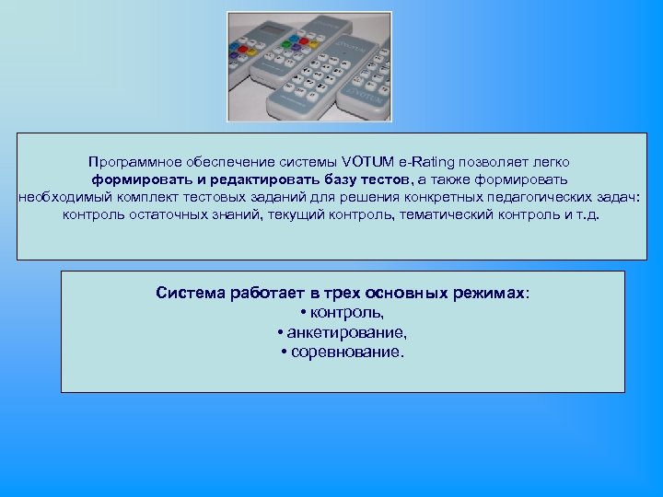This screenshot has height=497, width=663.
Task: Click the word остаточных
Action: (x=162, y=214)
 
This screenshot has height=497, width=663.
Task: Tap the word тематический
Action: (x=415, y=214)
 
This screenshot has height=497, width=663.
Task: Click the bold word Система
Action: (x=189, y=294)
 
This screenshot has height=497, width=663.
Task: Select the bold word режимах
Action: (x=487, y=294)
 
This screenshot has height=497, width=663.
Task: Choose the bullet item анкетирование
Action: (x=346, y=332)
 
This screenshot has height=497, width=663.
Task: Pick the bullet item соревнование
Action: (x=346, y=352)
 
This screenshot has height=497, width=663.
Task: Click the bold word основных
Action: (x=407, y=294)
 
